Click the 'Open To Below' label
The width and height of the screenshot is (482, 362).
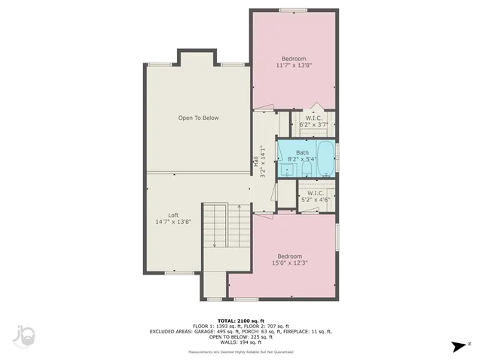pos(198,118)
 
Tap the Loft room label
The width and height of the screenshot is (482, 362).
pos(173,215)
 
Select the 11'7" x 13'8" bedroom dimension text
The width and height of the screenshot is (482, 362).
pos(294,66)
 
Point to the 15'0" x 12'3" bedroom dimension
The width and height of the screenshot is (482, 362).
pos(289,262)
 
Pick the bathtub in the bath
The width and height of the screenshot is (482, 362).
pos(325,158)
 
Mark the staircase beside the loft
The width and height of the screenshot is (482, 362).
pos(216,225)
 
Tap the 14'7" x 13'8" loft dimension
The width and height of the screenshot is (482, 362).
pos(173,222)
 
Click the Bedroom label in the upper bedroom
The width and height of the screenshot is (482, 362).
pos(294,59)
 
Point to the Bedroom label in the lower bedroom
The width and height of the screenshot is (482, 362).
pos(289,256)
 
